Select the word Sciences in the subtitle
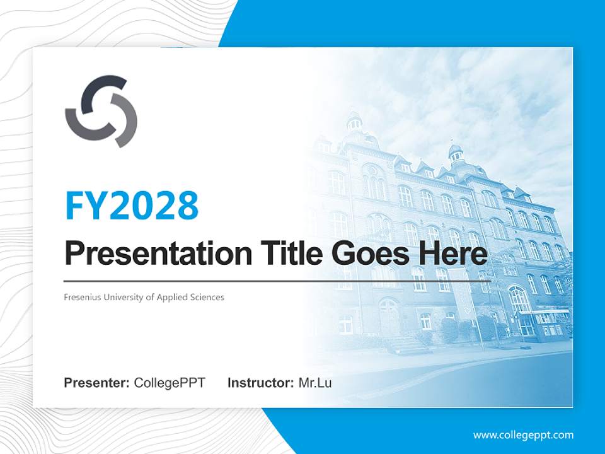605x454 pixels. (207, 297)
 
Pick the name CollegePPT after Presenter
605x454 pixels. (170, 383)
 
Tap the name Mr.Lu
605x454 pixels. (315, 383)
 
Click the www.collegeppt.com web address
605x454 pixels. (523, 435)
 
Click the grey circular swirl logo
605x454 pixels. (101, 111)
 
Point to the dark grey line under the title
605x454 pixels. (277, 281)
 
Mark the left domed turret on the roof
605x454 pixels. (354, 121)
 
